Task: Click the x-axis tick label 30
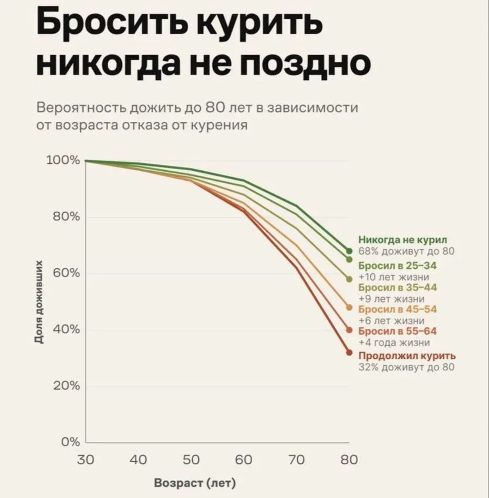85,460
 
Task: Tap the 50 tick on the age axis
191,460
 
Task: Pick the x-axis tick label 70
296,460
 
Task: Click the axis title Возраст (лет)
195,483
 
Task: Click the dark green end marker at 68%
349,251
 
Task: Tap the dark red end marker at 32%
349,352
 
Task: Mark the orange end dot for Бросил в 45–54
349,307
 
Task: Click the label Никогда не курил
402,240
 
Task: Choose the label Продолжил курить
407,356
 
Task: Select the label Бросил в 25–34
397,265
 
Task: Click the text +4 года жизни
394,343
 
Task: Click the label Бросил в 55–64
397,331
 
